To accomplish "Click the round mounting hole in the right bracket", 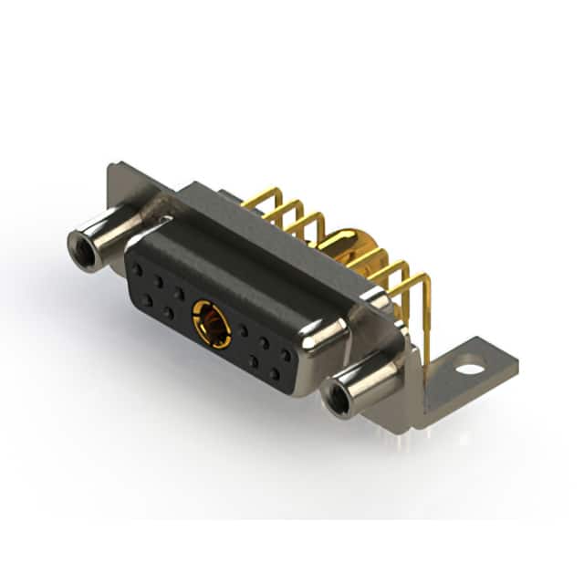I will click(469, 370).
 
